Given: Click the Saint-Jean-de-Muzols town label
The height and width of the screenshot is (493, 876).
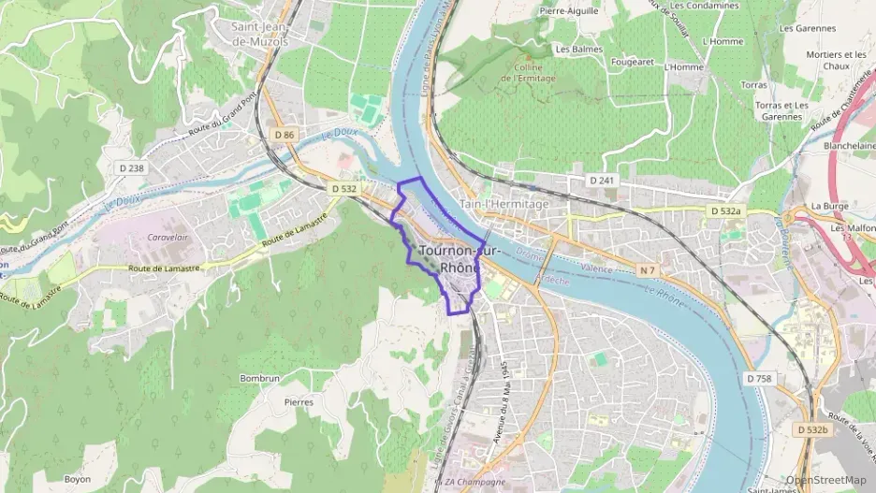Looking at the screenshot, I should point(259,34).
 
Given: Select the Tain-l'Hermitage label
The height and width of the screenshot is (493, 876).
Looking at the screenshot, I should point(504,203).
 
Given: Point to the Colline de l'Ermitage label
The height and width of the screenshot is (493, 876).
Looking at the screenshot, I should point(529,72).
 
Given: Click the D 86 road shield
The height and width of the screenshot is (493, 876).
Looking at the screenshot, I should point(285,136).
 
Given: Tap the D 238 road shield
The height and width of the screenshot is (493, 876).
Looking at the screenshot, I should point(133,168).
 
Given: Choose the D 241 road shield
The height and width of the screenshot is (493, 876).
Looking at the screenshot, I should point(600,180).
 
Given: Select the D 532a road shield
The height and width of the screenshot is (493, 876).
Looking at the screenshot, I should point(725,212).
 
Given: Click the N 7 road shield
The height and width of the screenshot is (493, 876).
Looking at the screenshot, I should point(647,270).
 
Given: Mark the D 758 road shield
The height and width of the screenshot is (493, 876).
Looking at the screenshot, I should point(759,378).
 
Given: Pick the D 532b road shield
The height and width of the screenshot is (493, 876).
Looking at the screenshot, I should point(811,429).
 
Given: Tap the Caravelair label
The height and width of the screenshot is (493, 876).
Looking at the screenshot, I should point(168,238).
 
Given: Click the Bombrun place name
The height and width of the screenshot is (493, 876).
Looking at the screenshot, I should point(259,378).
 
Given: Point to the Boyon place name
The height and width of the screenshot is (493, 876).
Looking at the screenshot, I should point(77,479).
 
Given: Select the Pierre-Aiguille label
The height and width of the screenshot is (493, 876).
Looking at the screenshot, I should point(569,10).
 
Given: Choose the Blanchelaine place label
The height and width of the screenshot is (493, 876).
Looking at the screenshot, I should point(848,146).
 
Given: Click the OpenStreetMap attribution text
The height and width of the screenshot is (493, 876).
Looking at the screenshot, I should point(825,480).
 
